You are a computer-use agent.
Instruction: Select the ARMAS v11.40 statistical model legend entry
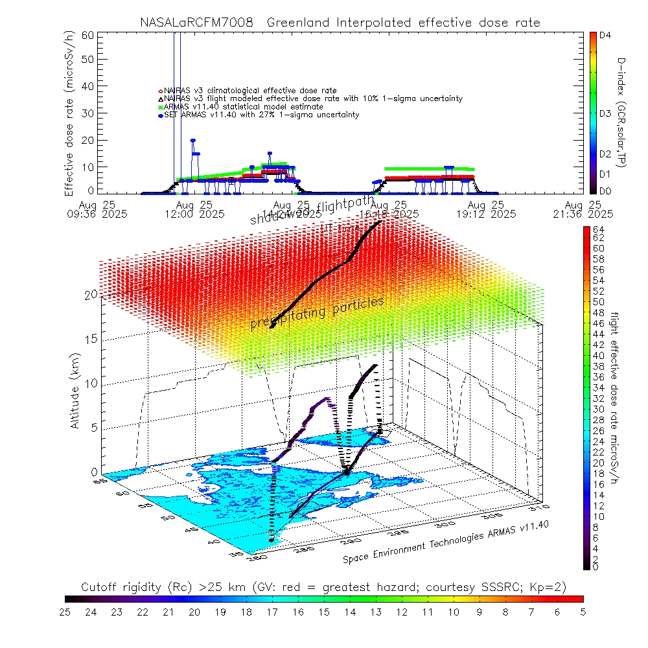pyautogui.click(x=244, y=106)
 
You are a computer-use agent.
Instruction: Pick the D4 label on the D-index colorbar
pyautogui.click(x=606, y=36)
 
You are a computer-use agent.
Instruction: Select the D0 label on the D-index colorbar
pyautogui.click(x=606, y=191)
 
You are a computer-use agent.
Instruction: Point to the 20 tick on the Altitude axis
pyautogui.click(x=91, y=295)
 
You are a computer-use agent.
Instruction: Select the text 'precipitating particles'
pyautogui.click(x=317, y=314)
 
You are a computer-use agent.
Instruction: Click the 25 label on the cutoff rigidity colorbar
pyautogui.click(x=65, y=610)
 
